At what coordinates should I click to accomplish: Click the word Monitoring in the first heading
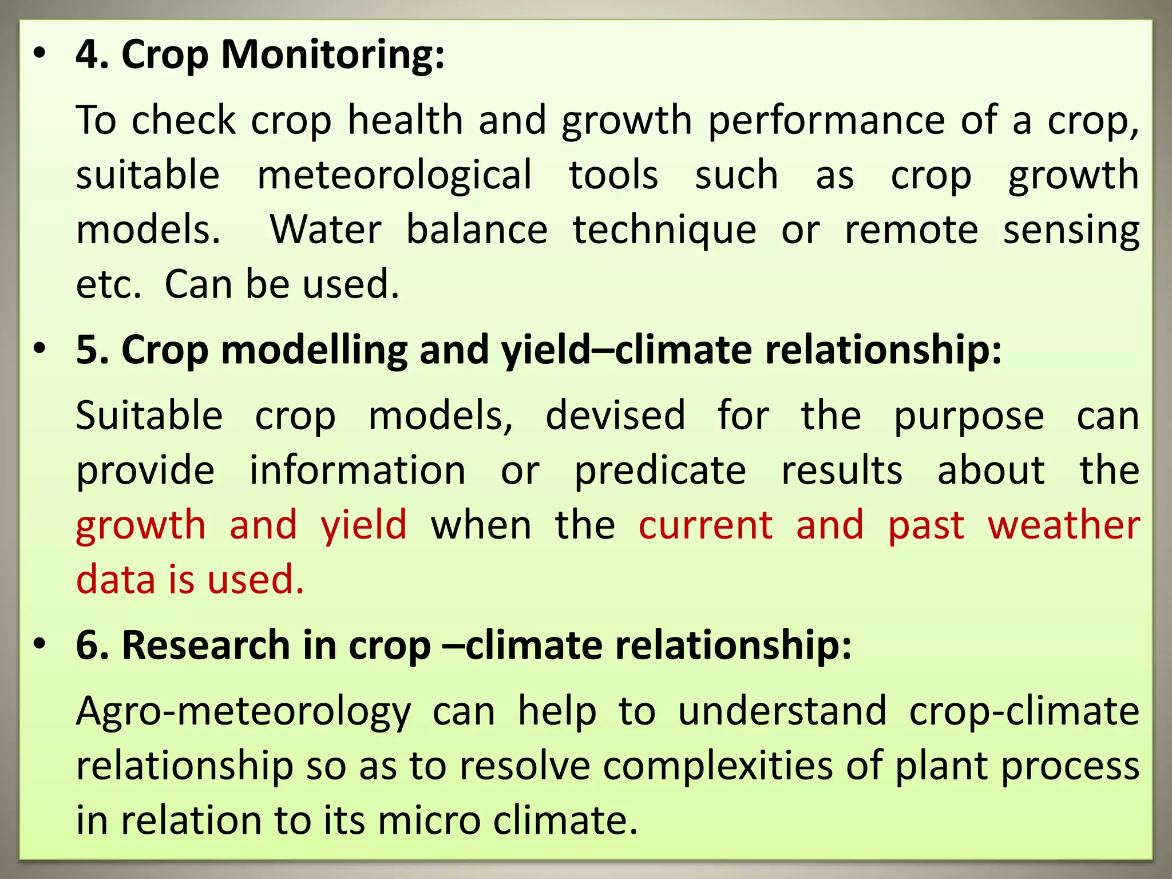click(332, 56)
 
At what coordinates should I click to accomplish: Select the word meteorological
click(395, 175)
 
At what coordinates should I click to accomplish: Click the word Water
click(326, 230)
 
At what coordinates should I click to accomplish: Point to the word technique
click(665, 230)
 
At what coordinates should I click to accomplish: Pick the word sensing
click(1071, 230)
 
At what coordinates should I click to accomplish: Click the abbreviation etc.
click(109, 284)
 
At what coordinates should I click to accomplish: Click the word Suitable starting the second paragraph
click(149, 416)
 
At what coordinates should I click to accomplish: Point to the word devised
click(615, 416)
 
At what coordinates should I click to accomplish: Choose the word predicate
click(660, 471)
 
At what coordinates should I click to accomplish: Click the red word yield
click(364, 525)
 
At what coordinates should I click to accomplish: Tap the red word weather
click(1064, 525)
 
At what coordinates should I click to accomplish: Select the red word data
click(116, 580)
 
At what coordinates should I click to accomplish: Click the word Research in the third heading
click(206, 646)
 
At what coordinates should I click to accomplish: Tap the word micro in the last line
click(429, 821)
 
